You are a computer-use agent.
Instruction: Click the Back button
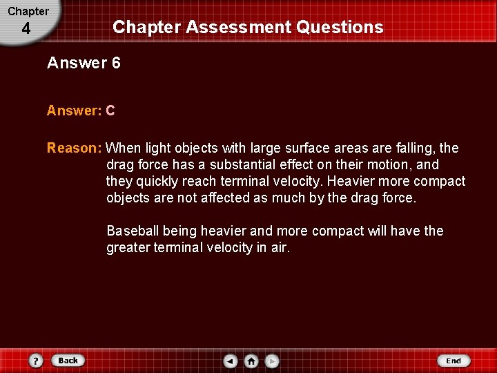(67, 360)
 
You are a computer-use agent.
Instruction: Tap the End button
(454, 361)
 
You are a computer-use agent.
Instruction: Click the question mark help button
(37, 361)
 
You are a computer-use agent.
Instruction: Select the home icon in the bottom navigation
(251, 361)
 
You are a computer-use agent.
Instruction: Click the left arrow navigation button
(231, 361)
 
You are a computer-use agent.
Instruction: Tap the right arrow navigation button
(272, 361)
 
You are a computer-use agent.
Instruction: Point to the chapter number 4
(26, 29)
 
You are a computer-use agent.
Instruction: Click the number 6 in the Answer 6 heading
(116, 64)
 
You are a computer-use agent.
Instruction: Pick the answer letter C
(110, 111)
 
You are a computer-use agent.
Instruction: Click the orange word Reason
(73, 148)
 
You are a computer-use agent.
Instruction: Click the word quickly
(158, 181)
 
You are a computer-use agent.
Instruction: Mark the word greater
(129, 247)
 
